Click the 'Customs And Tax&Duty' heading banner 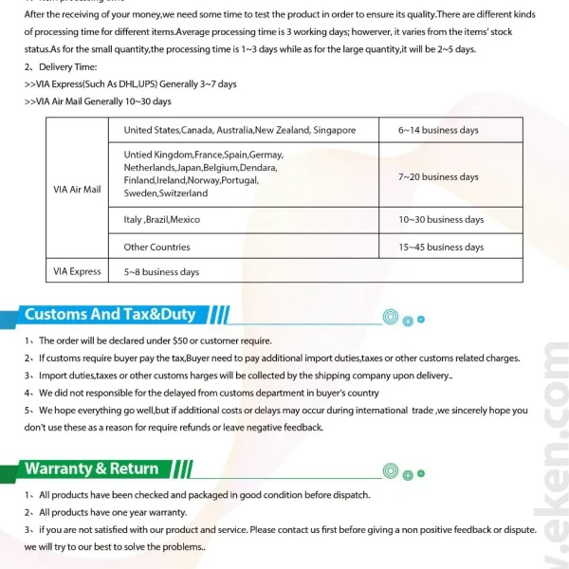point(110,315)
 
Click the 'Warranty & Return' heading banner point(92,468)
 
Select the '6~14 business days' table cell point(438,130)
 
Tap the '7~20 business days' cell point(438,176)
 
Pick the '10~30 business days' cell point(441,219)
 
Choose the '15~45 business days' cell point(441,247)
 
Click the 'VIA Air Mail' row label point(78,189)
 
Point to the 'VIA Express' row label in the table point(78,271)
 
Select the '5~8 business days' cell point(161,272)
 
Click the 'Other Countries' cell point(156,247)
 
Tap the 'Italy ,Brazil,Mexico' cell point(162,219)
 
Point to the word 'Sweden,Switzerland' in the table point(165,193)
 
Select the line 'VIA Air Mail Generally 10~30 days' point(98,101)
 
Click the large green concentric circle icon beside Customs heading point(389,317)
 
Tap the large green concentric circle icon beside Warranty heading point(389,470)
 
